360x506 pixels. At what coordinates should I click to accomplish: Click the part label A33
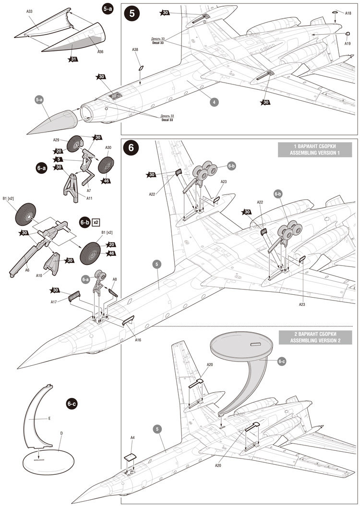[29, 12]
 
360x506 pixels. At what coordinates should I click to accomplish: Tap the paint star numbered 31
[73, 59]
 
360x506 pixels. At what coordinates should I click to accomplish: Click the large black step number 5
[132, 13]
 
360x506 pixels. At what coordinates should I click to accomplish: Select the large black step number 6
[131, 147]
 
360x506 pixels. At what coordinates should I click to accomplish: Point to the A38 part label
[135, 50]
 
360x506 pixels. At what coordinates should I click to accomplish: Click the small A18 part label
[348, 13]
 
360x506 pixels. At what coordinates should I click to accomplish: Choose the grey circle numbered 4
[214, 102]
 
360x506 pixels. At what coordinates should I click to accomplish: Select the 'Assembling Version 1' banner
[314, 149]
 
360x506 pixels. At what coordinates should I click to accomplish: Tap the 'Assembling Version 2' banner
[315, 337]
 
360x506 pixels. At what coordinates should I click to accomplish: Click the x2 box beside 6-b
[96, 222]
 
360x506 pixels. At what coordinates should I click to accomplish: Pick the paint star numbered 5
[59, 159]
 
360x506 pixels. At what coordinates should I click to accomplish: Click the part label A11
[89, 198]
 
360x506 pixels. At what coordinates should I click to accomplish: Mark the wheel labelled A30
[106, 165]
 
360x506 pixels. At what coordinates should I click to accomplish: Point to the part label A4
[132, 437]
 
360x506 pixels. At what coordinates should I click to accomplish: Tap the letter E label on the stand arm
[49, 418]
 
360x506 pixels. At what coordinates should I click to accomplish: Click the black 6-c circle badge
[72, 404]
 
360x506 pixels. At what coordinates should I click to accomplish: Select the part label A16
[138, 339]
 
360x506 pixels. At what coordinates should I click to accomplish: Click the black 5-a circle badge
[108, 9]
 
